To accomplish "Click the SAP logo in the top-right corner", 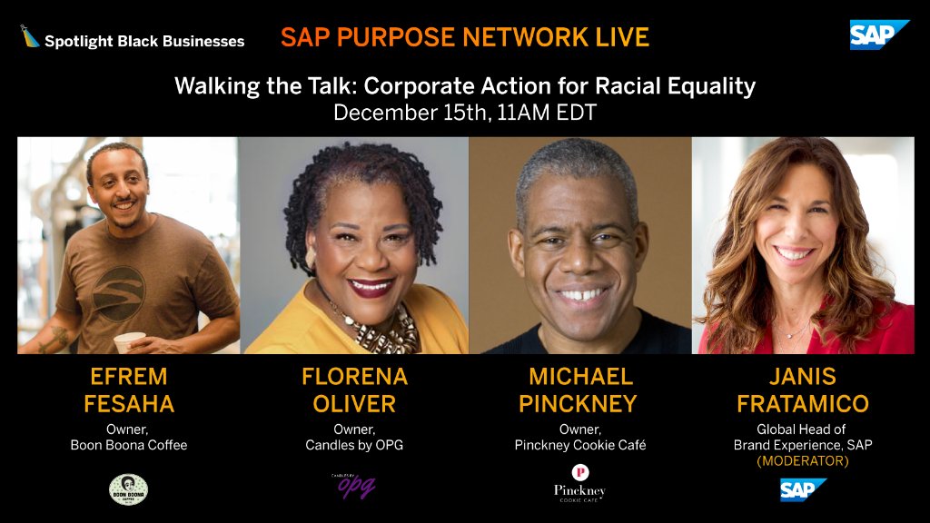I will tap(878, 35).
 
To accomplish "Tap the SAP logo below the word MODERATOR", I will tap(803, 490).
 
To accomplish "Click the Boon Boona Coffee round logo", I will tap(128, 488).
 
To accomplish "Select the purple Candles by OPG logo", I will tap(354, 486).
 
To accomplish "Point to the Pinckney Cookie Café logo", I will tap(579, 483).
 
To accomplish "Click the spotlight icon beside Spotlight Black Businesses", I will tap(30, 37).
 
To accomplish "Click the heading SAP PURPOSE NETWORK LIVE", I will tap(465, 37).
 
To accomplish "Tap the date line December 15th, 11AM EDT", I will tap(465, 113).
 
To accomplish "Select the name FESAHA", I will tap(128, 403).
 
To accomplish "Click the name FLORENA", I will tap(354, 376).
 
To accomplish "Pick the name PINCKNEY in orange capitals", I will tap(579, 403).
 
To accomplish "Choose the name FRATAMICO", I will tap(803, 403).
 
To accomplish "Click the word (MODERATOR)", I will tap(803, 461).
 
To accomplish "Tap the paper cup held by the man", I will tap(128, 341).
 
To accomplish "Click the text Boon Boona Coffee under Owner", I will tap(128, 445).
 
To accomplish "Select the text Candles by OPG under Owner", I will tap(354, 445).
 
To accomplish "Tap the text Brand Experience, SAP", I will tap(803, 445).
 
